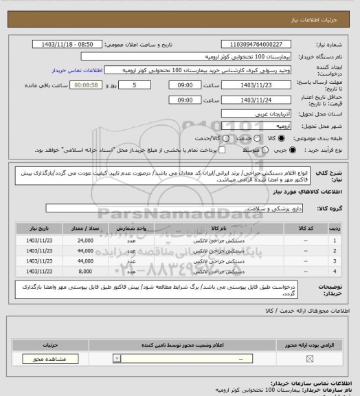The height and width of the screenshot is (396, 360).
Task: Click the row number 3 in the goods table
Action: click(x=335, y=261)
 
